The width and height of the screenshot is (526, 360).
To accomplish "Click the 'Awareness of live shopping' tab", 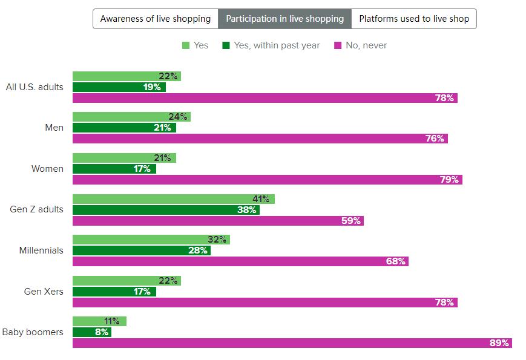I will pos(156,19).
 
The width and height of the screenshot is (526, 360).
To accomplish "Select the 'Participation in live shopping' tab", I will pos(284,19).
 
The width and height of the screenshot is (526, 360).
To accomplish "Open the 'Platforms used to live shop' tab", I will pos(414,19).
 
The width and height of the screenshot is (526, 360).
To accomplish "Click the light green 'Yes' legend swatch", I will pos(186,45).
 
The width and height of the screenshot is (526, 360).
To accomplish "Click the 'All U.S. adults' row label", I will pos(35,87).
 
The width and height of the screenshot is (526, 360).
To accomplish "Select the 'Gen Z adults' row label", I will pos(36,209).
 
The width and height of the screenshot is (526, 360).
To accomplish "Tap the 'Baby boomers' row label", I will pos(33,332).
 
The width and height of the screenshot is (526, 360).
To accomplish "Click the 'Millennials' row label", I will pos(41,250).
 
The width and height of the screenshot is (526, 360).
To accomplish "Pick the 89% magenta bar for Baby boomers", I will pos(292,343).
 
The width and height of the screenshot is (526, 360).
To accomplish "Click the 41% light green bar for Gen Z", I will pos(173,199).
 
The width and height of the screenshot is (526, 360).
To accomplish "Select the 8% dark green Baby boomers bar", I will pos(91,332).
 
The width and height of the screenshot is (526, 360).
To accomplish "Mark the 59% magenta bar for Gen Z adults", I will pos(218,221).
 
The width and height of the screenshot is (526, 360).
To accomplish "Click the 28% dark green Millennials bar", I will pos(141,250).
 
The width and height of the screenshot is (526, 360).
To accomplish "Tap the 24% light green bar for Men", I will pos(131,117).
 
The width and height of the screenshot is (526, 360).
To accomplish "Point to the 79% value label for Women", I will pos(451,180).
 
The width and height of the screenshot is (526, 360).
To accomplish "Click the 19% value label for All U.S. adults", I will pos(152,87).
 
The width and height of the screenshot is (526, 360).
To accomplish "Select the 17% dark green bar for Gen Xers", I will pos(114,292).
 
